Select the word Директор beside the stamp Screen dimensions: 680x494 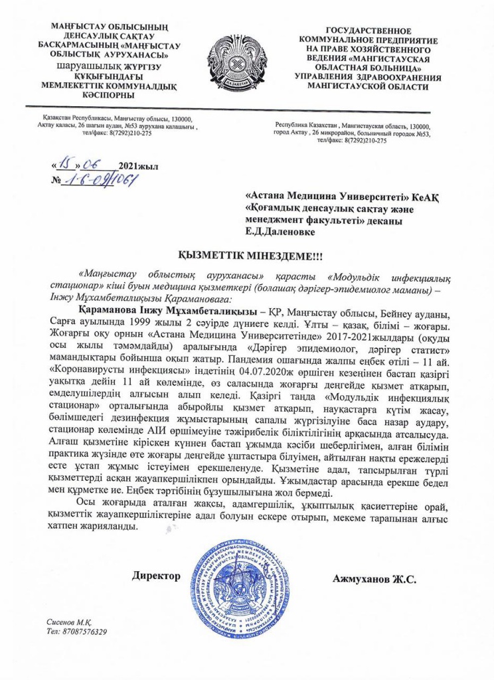coord(157,576)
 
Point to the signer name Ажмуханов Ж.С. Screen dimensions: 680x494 coord(374,579)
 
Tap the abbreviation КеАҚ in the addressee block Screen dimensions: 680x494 coord(425,197)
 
